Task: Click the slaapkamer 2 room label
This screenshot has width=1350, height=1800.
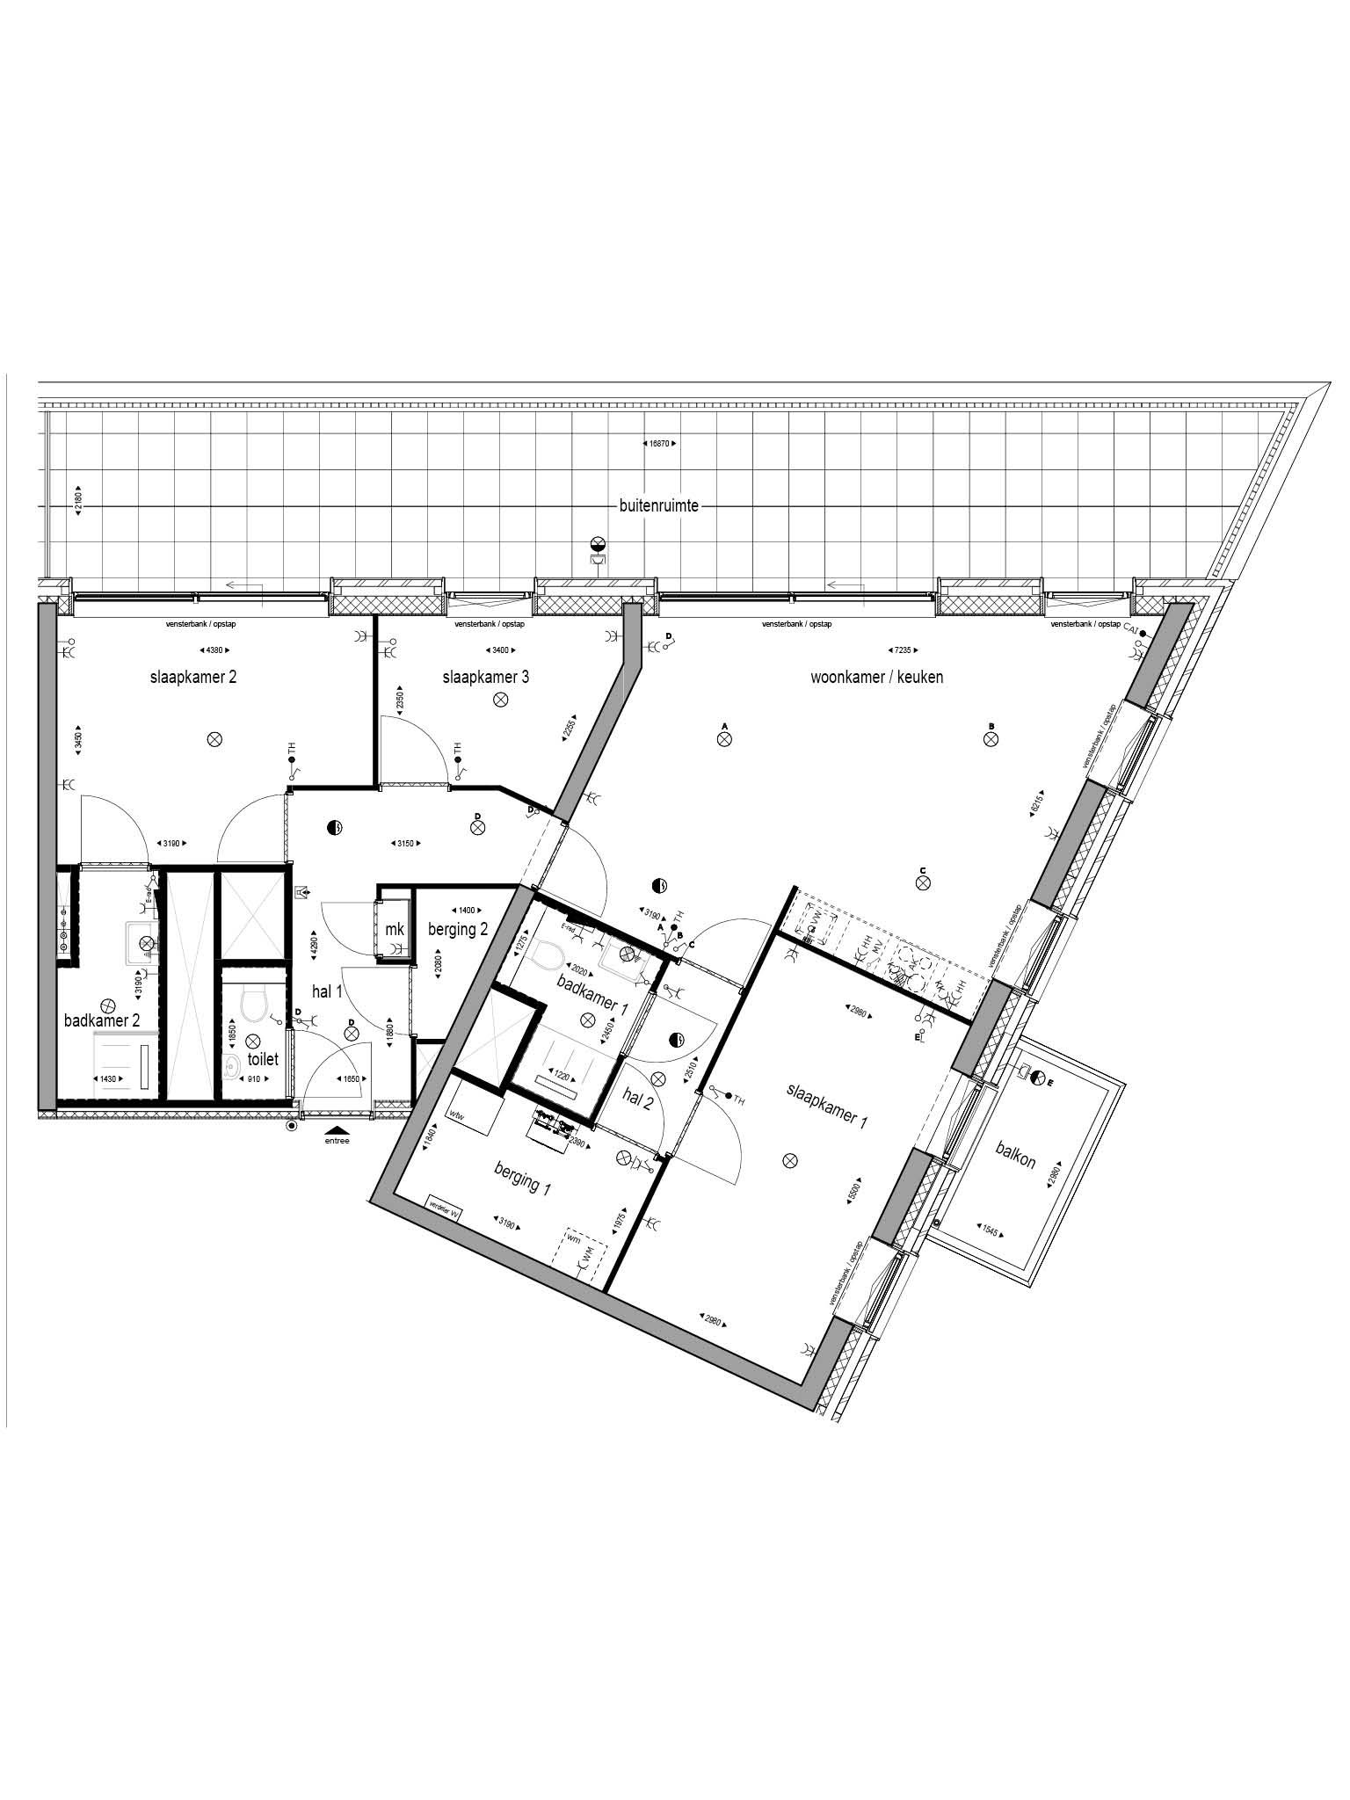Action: (192, 677)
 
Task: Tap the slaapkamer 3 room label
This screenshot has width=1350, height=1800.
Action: (485, 677)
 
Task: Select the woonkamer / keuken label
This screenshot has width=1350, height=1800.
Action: (876, 677)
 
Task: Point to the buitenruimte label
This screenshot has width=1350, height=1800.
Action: (658, 505)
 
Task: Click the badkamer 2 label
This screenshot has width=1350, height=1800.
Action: (102, 1020)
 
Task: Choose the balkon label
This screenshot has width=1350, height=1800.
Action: (1015, 1155)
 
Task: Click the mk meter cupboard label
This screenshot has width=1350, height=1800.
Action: (395, 929)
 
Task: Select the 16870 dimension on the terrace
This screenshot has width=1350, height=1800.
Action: (658, 444)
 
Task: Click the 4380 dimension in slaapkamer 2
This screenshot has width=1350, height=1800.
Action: (216, 650)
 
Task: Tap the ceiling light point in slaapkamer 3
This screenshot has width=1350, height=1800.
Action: (501, 700)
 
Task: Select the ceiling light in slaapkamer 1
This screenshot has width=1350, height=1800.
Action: (790, 1160)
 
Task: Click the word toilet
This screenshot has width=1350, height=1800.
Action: (262, 1059)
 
